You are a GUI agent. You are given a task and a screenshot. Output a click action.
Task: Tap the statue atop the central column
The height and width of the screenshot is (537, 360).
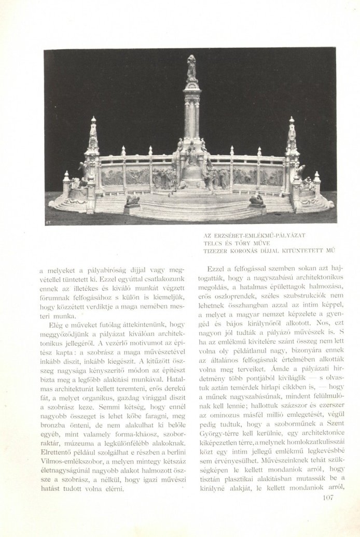192,68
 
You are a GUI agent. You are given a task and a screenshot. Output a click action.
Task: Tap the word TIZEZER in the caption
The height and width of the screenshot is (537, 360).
216,250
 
